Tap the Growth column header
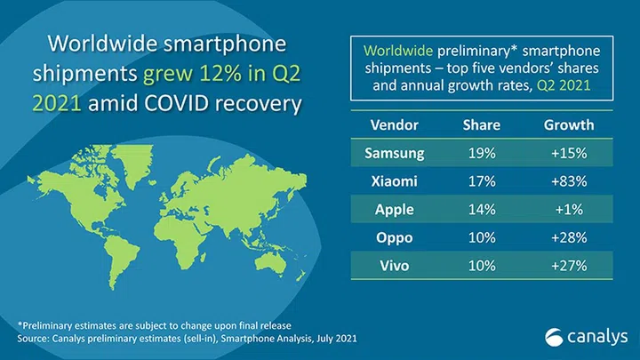click(569, 124)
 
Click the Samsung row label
click(394, 153)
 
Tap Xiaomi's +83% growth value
click(569, 182)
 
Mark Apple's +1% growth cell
click(569, 211)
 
